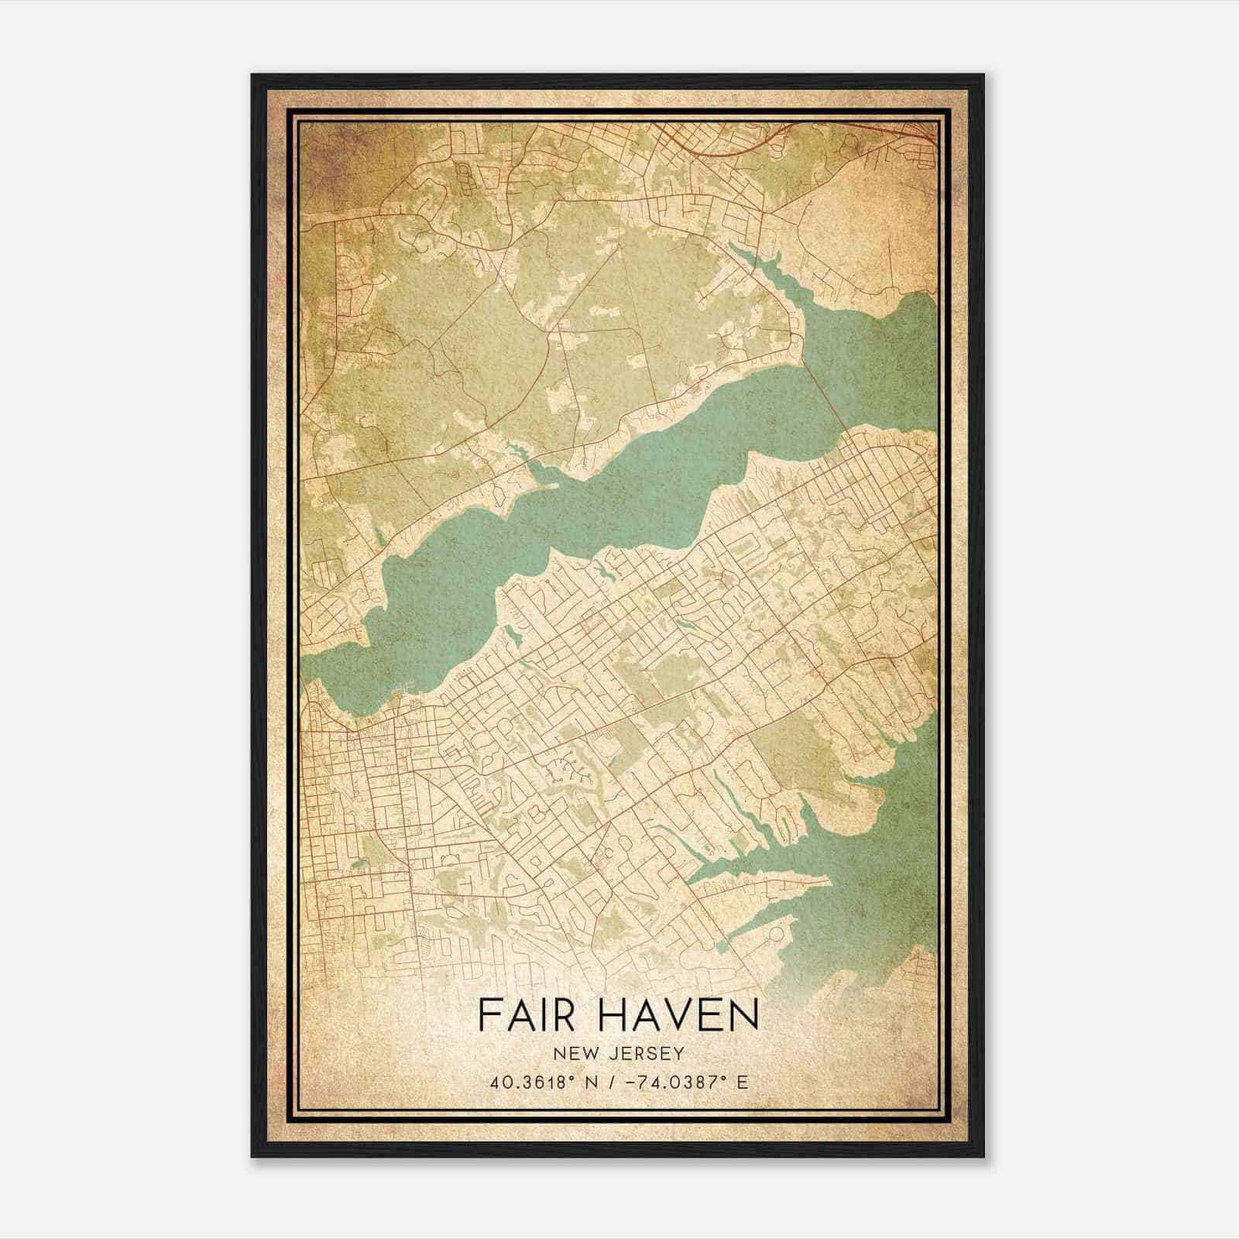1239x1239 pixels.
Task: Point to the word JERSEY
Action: click(x=645, y=1053)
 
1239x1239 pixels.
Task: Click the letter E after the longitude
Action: click(x=743, y=1082)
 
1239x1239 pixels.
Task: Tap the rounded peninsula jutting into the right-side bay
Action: click(x=852, y=805)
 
